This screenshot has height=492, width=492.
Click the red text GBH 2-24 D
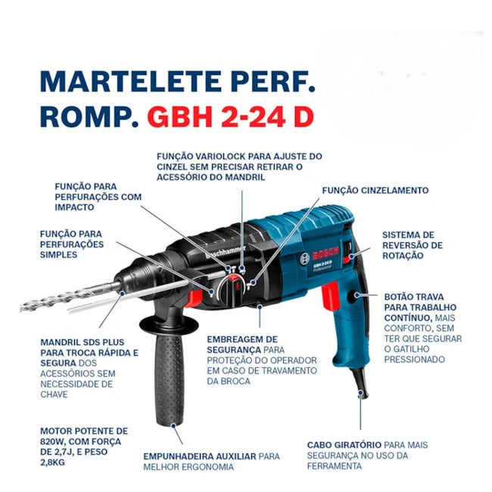coord(231,117)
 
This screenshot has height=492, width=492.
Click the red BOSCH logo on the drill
coord(325,254)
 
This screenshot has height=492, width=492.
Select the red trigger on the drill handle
coord(331,296)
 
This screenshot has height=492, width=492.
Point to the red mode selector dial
coord(232,288)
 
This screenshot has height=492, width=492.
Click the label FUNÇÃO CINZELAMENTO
coord(375,191)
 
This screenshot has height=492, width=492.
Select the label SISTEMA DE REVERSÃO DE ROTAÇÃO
coord(413,245)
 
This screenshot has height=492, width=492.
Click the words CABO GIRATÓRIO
coord(344,445)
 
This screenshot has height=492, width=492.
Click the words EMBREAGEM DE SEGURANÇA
coord(242,344)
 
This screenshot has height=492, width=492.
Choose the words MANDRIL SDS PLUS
coord(83,342)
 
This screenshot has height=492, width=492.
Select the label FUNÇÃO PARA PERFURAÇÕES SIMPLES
coord(72,244)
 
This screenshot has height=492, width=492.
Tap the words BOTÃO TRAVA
coord(414,297)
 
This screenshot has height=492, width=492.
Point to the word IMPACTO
coord(74,207)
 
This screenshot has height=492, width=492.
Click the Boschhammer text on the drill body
coord(226,252)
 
